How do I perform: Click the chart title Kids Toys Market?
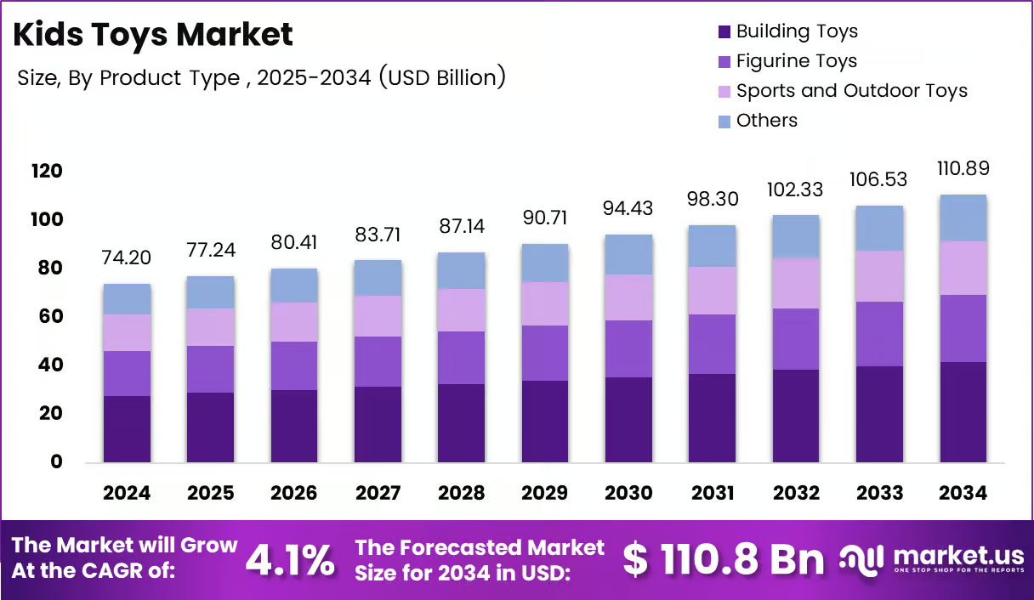153,35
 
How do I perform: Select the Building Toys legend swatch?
724,31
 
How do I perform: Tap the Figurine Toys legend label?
797,61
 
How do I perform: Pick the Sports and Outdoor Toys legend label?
852,90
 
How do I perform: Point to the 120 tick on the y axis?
47,171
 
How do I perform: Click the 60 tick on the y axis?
50,316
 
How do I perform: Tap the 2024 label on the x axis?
127,493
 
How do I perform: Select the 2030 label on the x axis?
628,493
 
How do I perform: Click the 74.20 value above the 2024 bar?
126,258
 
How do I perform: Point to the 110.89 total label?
963,168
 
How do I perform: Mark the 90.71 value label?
545,218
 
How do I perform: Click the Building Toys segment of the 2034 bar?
963,412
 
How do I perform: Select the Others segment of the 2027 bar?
378,278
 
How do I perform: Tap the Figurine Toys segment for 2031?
712,344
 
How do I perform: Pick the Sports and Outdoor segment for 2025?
210,327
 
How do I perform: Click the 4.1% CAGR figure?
290,560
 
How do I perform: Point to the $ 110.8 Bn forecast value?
724,559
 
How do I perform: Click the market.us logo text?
959,556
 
